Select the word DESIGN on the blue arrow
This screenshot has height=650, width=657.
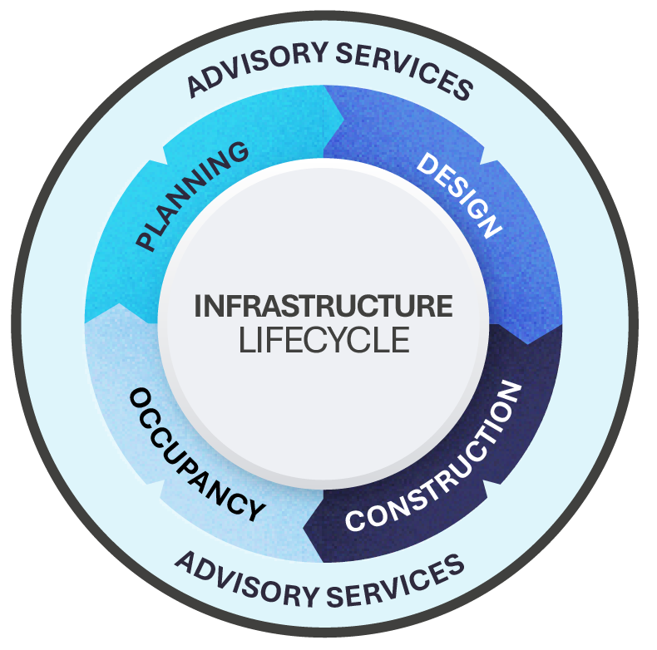[x=460, y=194]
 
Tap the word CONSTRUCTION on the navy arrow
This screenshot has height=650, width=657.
[x=432, y=457]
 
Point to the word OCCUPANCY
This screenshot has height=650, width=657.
[x=196, y=455]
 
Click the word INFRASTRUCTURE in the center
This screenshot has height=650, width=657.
[x=324, y=306]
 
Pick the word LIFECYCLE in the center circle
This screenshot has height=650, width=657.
[x=324, y=341]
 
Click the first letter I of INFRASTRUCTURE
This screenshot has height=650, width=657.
[x=198, y=306]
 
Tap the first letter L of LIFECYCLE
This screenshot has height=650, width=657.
[x=245, y=341]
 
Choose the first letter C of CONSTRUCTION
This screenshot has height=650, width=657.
[x=354, y=522]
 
